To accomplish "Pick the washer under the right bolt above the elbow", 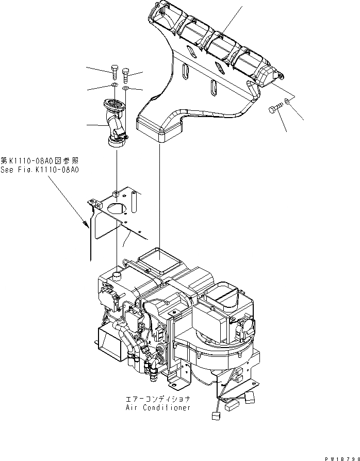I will [125, 89].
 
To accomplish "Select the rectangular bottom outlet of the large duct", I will [159, 129].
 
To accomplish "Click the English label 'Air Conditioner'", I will [158, 407].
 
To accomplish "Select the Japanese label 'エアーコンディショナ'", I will [158, 399].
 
